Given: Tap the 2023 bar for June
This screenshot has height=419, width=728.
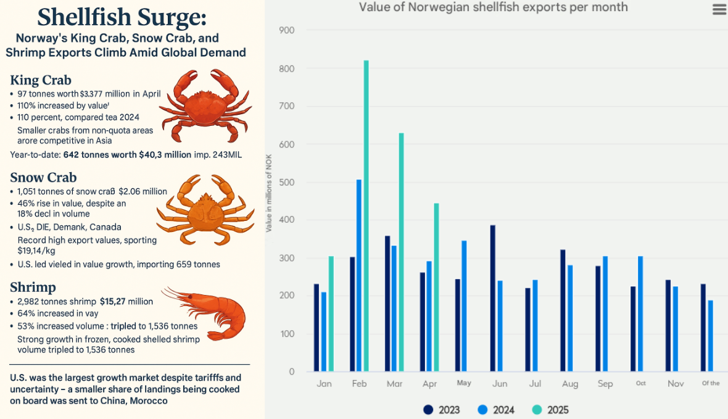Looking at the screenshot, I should tap(493, 299).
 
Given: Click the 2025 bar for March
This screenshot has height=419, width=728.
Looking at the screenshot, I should tap(401, 252).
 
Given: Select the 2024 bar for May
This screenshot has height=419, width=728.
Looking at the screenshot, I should tap(464, 306).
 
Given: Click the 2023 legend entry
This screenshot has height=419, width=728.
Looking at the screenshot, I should tap(442, 410).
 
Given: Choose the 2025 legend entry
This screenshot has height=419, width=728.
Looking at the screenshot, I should tap(550, 410).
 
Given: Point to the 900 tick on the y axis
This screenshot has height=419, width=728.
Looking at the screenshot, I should tap(287, 30).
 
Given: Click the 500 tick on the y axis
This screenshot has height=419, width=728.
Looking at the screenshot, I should tap(287, 183).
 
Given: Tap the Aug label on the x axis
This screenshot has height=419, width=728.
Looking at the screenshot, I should tap(570, 384).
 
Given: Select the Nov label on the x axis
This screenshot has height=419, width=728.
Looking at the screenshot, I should tap(675, 384).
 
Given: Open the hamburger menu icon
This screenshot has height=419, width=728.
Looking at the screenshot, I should tap(719, 9).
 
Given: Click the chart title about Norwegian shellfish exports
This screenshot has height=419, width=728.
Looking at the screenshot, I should tap(493, 7).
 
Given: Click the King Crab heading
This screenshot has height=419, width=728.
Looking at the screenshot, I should tap(41, 80).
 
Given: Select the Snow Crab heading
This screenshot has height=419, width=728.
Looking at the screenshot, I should tap(43, 178).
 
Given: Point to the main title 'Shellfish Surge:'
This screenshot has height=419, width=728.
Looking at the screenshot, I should tap(121, 17).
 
